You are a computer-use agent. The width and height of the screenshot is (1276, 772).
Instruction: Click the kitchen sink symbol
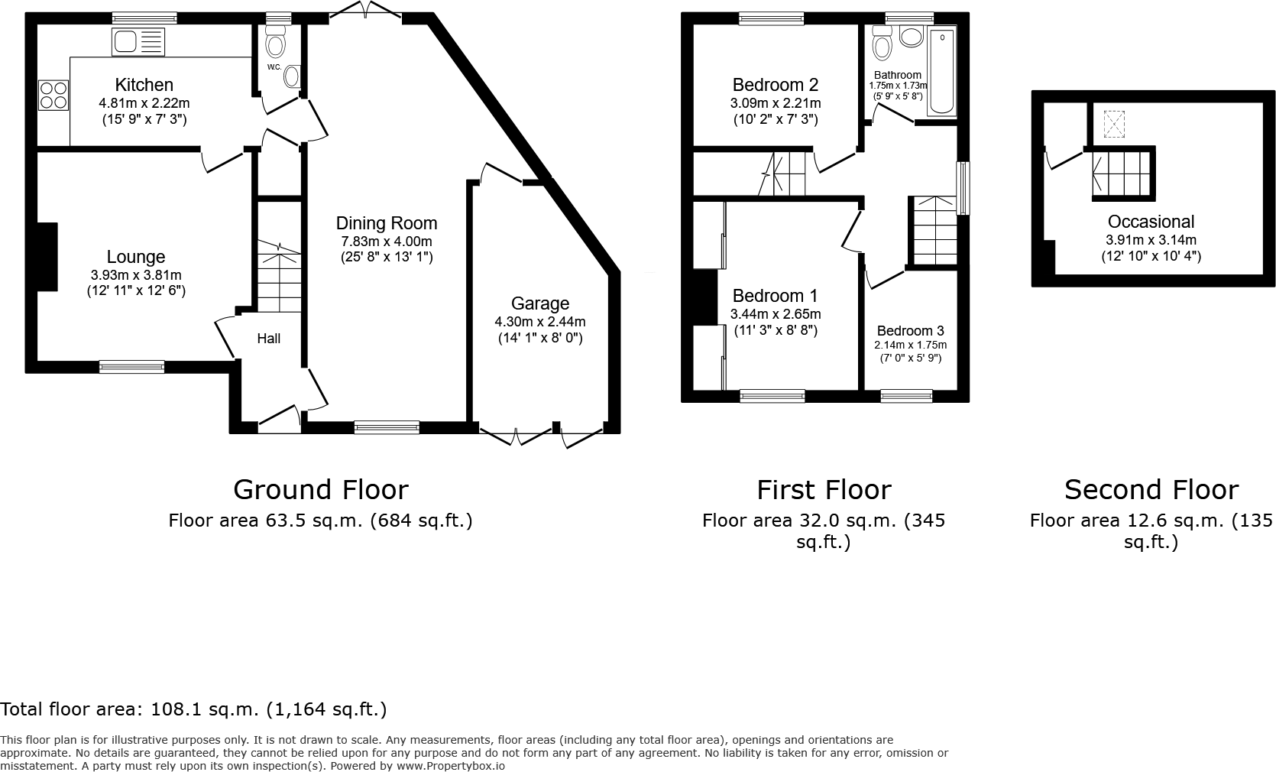point(138,42)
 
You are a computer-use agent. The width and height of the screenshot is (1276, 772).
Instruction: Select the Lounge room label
point(136,257)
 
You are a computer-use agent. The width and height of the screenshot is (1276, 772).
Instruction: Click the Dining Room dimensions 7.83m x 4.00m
point(387,241)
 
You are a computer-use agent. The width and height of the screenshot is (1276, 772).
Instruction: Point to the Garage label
point(539,303)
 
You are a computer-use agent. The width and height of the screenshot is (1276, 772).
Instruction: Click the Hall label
point(268,338)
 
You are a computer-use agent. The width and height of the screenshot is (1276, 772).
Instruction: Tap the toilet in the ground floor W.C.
point(275,44)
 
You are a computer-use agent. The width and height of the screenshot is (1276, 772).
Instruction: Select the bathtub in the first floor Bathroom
point(941,72)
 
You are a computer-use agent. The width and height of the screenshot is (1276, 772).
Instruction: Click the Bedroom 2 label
point(775,85)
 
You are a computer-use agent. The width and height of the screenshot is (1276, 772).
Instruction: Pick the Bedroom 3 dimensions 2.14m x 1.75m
point(910,345)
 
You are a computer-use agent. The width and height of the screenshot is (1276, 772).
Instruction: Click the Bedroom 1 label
point(775,296)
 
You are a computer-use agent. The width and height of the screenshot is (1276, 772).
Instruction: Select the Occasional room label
point(1151,222)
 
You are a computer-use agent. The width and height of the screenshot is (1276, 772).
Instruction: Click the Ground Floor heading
point(320,489)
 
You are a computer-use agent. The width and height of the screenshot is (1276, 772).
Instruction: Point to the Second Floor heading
point(1151,489)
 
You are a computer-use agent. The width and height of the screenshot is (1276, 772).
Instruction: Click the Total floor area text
point(193,709)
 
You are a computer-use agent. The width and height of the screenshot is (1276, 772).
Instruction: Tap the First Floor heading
point(824,489)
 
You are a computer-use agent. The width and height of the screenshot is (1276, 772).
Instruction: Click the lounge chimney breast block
point(46,257)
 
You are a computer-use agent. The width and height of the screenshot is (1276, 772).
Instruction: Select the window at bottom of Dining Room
point(387,427)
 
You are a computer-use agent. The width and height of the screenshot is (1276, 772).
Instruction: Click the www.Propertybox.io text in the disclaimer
point(451,765)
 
